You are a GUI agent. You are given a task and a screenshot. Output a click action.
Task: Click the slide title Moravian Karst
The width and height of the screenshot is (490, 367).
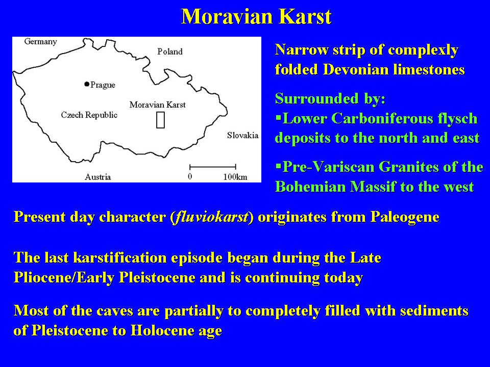(256, 16)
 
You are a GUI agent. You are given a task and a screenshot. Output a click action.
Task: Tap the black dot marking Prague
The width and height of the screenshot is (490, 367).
(87, 84)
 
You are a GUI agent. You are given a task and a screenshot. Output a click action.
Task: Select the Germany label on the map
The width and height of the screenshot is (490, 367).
(41, 42)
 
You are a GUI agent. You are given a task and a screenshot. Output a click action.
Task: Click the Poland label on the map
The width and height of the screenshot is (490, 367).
(169, 51)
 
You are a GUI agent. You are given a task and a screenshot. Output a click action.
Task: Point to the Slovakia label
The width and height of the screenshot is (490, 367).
(243, 135)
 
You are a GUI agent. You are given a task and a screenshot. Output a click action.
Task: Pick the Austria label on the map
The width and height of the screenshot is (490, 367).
(98, 177)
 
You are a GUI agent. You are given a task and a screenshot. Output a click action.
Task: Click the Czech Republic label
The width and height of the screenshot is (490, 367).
(89, 115)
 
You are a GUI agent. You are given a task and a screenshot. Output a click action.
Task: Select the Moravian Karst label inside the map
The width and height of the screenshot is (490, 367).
(158, 104)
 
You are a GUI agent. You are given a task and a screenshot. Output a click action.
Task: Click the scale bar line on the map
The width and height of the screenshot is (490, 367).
(213, 167)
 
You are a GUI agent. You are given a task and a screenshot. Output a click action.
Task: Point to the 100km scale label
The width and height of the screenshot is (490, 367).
(235, 177)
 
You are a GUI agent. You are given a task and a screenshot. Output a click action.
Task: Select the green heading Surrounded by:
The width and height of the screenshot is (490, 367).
(330, 98)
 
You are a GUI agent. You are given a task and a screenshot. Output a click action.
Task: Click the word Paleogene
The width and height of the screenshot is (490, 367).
(405, 217)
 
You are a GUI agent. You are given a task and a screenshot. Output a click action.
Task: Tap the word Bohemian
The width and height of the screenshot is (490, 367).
(311, 187)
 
